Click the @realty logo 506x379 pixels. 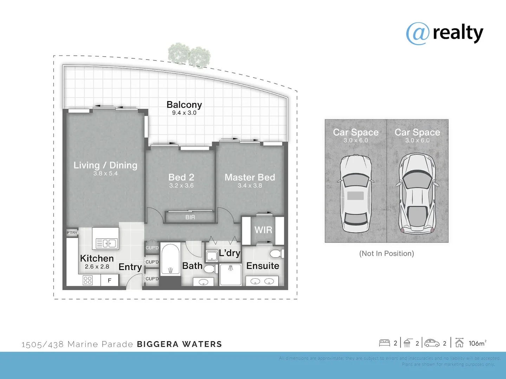pos(445,33)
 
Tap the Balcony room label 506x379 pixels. pos(184,105)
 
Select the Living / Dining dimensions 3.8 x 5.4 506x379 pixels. pos(105,173)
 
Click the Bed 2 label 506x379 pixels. pos(181,177)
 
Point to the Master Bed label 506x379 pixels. pos(249,177)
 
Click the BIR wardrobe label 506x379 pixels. pos(190,217)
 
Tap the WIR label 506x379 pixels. pos(263,230)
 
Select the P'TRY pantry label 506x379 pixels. pos(72,233)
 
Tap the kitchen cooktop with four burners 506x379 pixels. pos(87,280)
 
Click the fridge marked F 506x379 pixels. pos(110,280)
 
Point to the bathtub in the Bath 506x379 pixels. pos(170,260)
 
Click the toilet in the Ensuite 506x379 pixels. pos(276,253)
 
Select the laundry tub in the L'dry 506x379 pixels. pos(212,256)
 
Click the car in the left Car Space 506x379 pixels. pos(356,194)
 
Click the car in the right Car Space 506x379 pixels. pos(417,194)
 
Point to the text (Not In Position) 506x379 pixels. pos(387,253)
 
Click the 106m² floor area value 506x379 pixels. pos(477,343)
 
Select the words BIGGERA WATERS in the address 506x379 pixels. pos(179,344)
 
